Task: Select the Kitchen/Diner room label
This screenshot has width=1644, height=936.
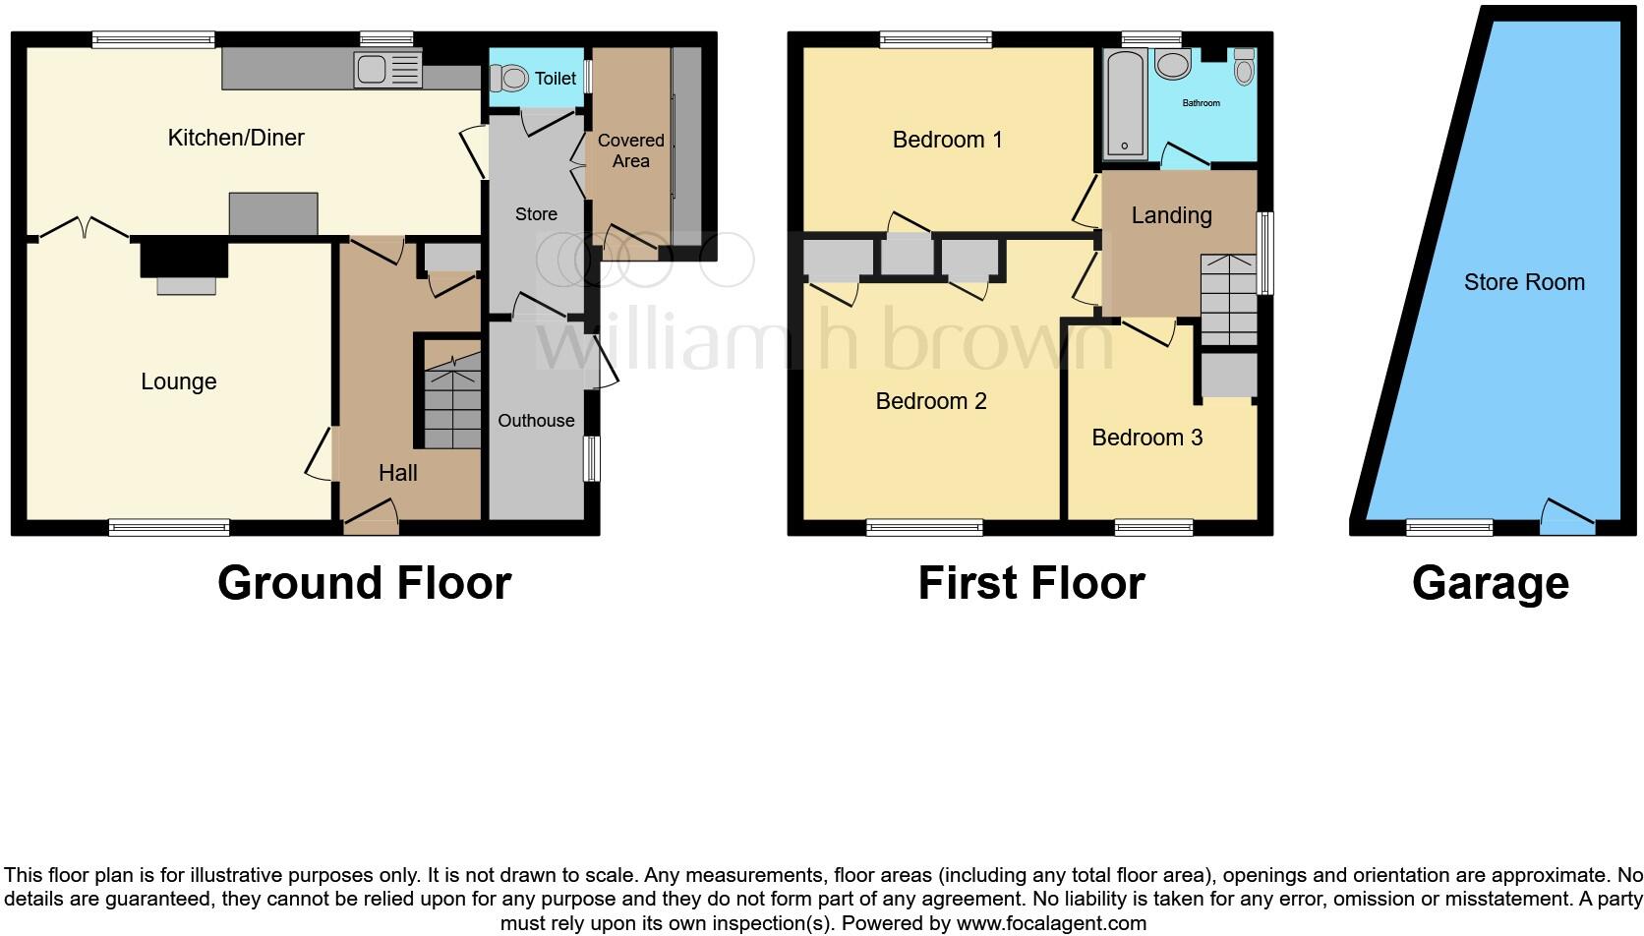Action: (x=236, y=138)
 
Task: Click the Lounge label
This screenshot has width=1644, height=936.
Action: (x=178, y=381)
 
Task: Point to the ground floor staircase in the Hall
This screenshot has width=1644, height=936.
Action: (x=452, y=403)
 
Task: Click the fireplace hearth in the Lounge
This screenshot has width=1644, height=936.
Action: (x=187, y=285)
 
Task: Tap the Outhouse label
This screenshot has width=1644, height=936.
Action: (x=536, y=421)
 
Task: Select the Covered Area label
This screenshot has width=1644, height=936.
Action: (x=631, y=150)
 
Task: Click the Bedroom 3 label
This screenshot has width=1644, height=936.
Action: (x=1146, y=438)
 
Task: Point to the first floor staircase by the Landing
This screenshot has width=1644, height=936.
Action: (x=1228, y=300)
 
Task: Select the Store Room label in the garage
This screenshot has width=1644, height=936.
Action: (x=1524, y=283)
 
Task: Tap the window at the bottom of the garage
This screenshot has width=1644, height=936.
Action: (x=1449, y=528)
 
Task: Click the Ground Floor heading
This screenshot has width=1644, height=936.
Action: (x=364, y=583)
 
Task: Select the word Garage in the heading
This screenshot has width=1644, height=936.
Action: (x=1490, y=583)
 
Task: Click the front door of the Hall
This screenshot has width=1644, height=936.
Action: (x=371, y=517)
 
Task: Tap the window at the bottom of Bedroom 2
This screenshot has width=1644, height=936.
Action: (x=924, y=528)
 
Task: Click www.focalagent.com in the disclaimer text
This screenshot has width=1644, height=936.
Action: (x=1051, y=923)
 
